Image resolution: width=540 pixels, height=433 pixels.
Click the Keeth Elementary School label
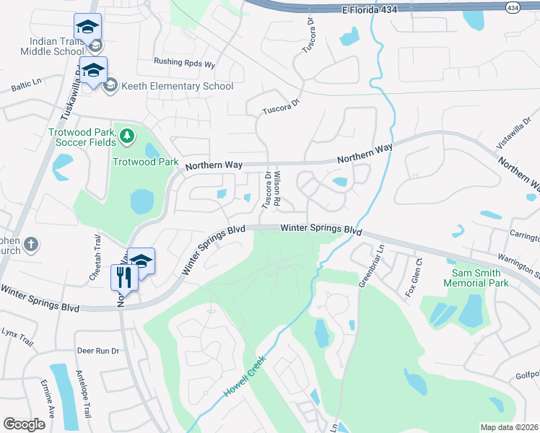(177, 87)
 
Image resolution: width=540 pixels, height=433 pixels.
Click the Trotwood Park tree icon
(127, 135)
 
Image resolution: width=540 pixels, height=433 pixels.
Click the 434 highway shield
(513, 7)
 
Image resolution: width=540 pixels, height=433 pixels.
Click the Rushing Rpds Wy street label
(185, 64)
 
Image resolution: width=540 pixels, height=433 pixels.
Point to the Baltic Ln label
(26, 86)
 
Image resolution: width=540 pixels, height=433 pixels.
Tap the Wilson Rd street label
(281, 185)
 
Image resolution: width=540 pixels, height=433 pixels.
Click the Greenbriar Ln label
(370, 266)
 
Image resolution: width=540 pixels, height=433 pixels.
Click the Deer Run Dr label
(97, 351)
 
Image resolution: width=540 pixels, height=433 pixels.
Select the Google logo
(25, 424)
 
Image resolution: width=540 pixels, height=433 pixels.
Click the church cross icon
(30, 245)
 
